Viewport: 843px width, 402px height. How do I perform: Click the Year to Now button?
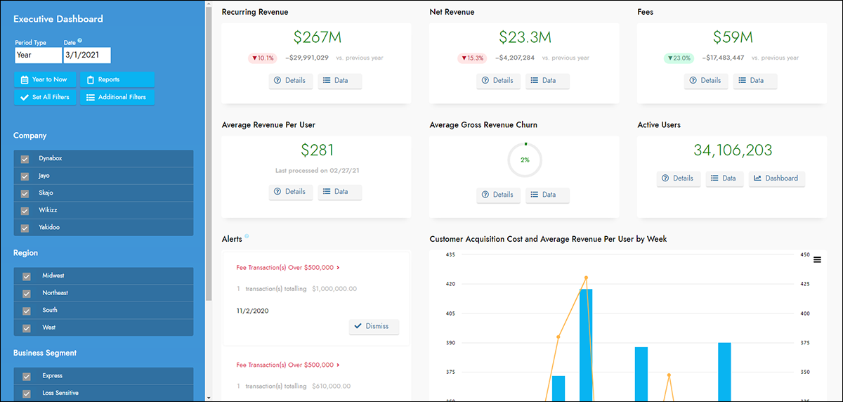click(x=44, y=79)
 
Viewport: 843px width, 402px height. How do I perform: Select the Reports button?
click(x=117, y=79)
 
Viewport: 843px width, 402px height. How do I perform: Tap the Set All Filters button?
click(x=44, y=97)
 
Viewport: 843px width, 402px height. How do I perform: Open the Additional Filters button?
click(x=117, y=97)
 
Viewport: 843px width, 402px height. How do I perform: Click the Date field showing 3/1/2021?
click(x=87, y=55)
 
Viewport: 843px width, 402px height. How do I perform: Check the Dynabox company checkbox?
click(x=26, y=160)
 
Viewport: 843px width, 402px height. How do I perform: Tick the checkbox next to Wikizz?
click(x=26, y=211)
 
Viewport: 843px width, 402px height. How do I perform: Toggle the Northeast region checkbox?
click(x=26, y=294)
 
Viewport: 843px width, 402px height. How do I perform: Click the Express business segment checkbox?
click(x=26, y=377)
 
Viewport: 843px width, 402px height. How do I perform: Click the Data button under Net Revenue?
click(x=547, y=81)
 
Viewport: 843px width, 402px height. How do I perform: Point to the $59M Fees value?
click(x=732, y=37)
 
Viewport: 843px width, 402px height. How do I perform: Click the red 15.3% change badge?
click(x=471, y=58)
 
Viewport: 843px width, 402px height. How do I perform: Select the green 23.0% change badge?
click(x=679, y=58)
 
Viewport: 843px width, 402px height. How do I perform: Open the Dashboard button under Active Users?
click(x=776, y=179)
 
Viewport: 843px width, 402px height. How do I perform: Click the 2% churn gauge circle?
click(x=525, y=160)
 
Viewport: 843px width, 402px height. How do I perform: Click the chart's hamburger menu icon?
click(x=817, y=260)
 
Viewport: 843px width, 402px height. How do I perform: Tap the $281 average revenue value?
click(x=317, y=150)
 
